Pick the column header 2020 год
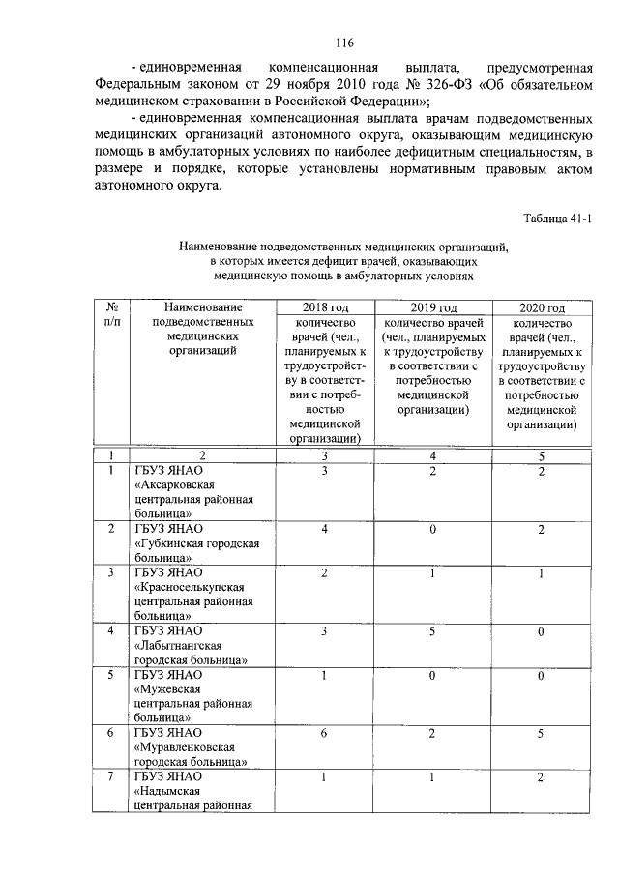click(541, 306)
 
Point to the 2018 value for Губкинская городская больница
click(324, 529)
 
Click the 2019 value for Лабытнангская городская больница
click(432, 631)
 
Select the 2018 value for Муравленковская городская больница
click(324, 734)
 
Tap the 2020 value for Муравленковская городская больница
click(541, 734)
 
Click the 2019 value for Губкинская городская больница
click(432, 529)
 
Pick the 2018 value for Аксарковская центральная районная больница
click(324, 471)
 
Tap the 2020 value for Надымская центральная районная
click(541, 776)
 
